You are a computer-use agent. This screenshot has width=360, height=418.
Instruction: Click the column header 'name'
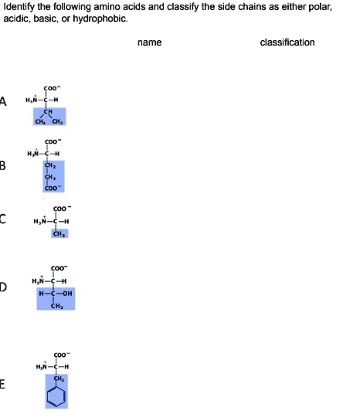coord(149,42)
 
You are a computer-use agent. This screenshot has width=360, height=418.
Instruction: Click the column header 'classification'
coord(287,42)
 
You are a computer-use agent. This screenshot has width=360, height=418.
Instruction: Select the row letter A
coord(4,102)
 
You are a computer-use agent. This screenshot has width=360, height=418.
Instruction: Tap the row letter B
coord(4,164)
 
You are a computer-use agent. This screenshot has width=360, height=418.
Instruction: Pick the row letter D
coord(4,288)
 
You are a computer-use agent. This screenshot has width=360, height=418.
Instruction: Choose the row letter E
coord(4,387)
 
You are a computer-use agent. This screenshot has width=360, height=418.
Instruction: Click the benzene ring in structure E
coord(56,396)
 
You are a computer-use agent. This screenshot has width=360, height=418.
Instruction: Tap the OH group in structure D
coord(70,294)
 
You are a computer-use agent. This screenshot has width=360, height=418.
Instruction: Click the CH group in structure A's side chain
coord(48,110)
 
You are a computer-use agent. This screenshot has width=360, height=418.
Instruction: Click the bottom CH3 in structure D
coord(56,306)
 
